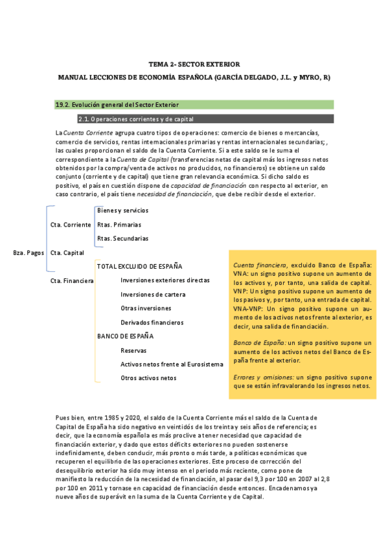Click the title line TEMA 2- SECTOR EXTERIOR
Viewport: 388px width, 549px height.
pos(194,65)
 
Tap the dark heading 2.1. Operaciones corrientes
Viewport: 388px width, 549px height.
pos(135,119)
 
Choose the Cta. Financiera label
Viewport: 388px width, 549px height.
pos(72,281)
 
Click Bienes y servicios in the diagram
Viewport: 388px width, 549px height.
pos(122,210)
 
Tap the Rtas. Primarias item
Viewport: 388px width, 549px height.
pos(119,225)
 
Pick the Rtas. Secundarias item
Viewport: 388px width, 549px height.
pos(122,239)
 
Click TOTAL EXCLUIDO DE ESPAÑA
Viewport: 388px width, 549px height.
pos(139,266)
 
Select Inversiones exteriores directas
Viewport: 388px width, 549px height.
pos(165,280)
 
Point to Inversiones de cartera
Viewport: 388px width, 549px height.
pos(153,295)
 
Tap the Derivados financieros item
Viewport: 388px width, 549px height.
pos(152,322)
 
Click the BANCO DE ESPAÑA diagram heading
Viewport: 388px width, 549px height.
pos(125,336)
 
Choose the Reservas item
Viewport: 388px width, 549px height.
pos(133,350)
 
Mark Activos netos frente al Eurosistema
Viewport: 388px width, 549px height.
pos(167,364)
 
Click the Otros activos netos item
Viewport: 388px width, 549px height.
pos(148,378)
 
